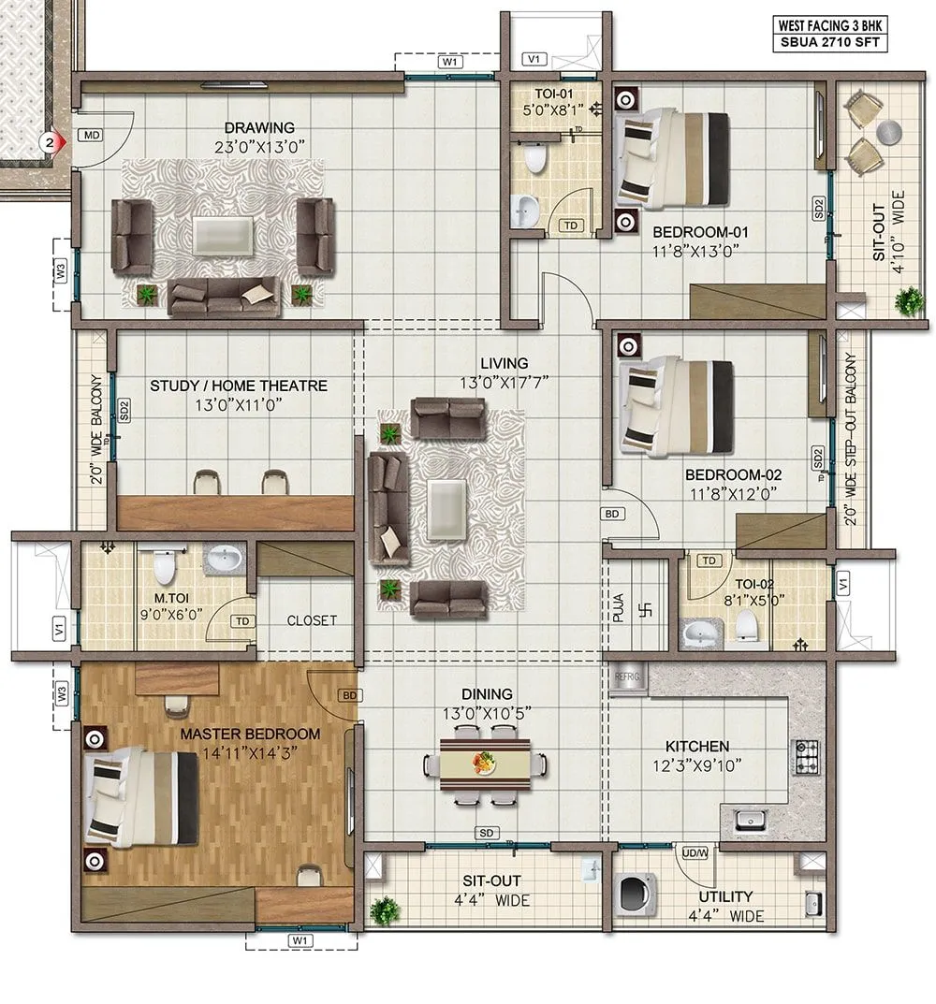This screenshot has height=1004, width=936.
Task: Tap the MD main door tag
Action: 92,136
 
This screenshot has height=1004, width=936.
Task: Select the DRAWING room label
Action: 259,127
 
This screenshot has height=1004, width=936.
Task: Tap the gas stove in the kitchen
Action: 806,756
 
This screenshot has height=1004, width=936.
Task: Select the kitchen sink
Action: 750,821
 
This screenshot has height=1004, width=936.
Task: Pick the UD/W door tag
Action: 695,852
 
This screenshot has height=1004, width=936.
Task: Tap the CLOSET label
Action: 312,619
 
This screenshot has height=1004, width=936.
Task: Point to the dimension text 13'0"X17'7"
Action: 505,381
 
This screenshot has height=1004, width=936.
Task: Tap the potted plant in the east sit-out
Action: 907,301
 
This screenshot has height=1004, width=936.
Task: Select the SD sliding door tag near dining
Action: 486,832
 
